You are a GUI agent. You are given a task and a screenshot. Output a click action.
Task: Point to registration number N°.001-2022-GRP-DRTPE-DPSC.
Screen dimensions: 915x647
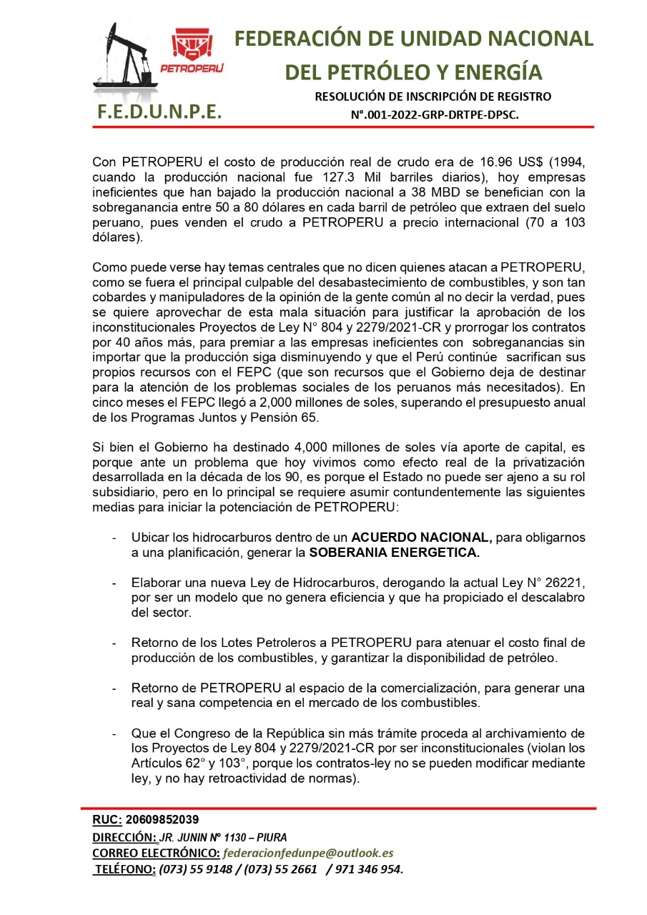[434, 114]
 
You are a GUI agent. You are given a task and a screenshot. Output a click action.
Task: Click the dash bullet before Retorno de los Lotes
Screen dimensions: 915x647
[114, 643]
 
